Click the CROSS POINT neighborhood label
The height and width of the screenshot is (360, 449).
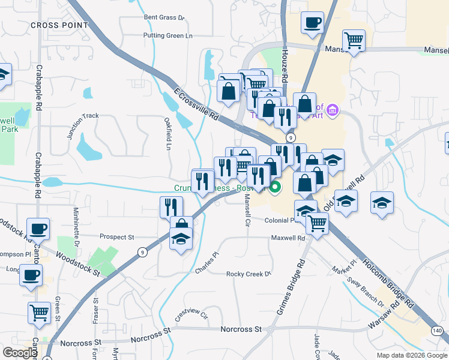point(59,25)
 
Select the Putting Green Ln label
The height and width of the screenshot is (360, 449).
point(167,36)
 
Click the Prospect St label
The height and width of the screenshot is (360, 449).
point(116,237)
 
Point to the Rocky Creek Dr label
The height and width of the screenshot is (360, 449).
point(249,274)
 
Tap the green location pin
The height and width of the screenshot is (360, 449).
point(276,188)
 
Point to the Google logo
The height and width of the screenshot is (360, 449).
point(20,352)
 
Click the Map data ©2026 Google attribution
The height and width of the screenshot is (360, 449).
point(411,355)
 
